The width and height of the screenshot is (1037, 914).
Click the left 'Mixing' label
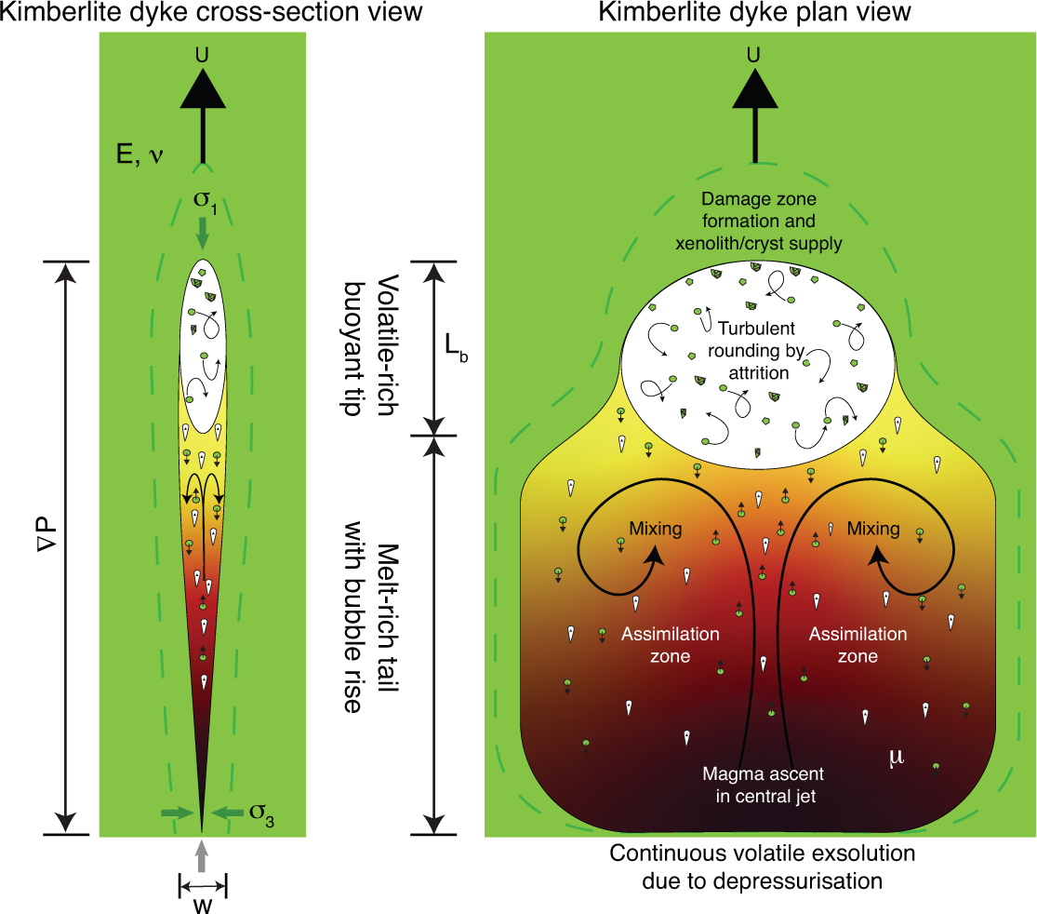tap(656, 529)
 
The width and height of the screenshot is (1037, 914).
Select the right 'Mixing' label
tap(873, 529)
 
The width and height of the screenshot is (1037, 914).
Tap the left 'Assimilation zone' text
tap(657, 645)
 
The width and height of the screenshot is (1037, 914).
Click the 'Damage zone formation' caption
tap(758, 222)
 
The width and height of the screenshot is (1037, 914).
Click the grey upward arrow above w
tap(203, 854)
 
